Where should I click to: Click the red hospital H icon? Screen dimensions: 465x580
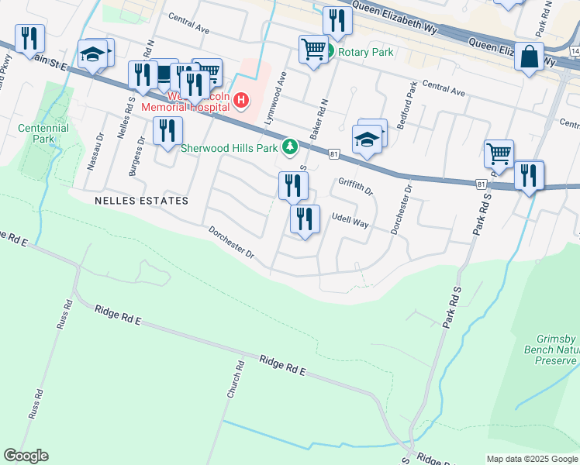point(241,101)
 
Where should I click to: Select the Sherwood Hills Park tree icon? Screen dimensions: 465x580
point(290,146)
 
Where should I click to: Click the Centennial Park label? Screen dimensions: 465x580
point(43,133)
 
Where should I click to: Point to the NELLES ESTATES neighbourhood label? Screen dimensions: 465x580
point(141,201)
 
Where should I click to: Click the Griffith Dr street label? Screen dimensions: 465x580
point(356,186)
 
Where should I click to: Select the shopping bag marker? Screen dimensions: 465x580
point(530,57)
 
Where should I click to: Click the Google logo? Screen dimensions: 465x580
point(26,456)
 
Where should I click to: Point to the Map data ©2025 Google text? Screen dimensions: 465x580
point(532,459)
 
